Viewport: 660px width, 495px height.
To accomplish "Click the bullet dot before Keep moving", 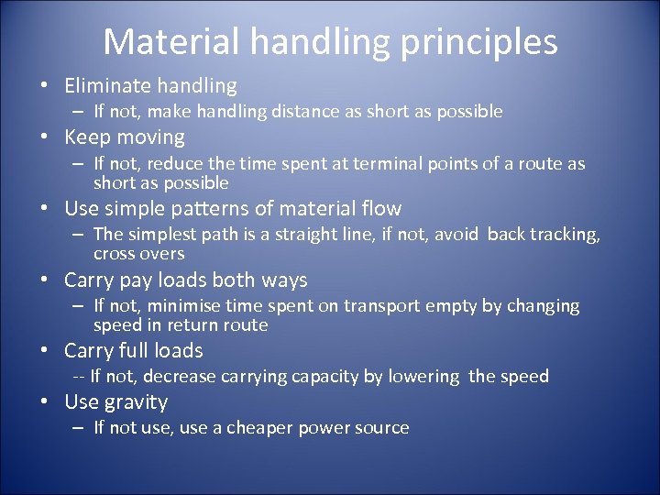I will point(44,137).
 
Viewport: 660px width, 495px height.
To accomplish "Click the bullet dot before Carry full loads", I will point(44,351).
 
